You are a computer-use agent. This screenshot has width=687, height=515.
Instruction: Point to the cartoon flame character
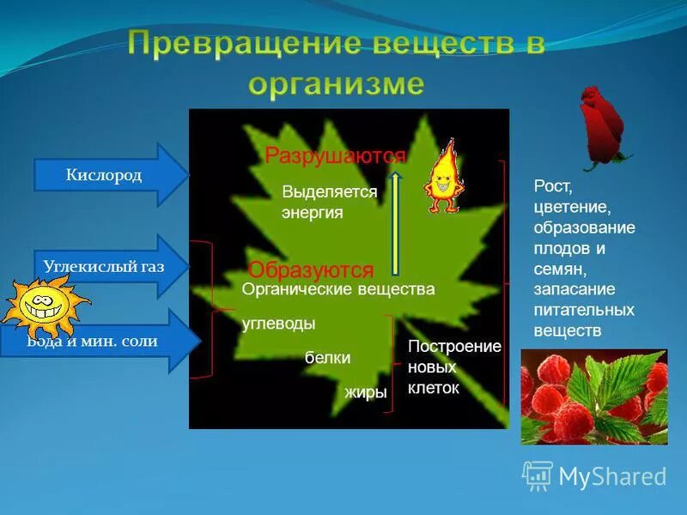click(x=444, y=179)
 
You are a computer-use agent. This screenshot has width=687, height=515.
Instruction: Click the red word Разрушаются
click(x=335, y=155)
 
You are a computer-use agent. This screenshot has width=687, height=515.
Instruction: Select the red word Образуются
click(x=311, y=270)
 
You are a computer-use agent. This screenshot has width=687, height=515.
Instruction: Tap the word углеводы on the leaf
click(x=278, y=324)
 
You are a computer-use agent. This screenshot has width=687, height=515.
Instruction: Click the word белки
click(x=327, y=358)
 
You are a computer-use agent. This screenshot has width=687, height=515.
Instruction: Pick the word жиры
click(x=366, y=392)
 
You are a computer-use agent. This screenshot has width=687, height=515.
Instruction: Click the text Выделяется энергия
click(x=329, y=203)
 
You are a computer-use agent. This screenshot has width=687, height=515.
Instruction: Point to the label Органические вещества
click(x=338, y=290)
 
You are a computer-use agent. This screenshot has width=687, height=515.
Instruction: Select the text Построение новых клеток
click(x=453, y=367)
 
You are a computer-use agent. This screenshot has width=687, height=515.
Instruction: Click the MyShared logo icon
click(x=538, y=476)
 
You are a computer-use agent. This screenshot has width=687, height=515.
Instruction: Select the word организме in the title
click(x=337, y=84)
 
